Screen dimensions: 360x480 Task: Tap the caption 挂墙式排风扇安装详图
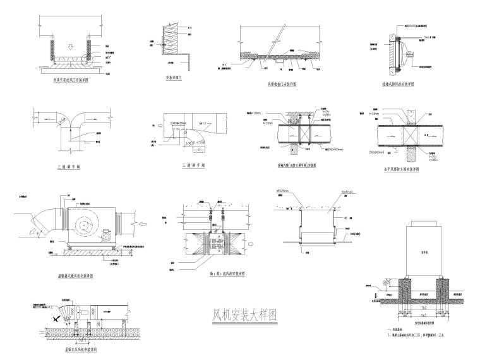(x=402, y=83)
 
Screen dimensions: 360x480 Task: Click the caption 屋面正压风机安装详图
(x=71, y=349)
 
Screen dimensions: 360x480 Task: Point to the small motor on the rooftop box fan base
(x=105, y=239)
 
